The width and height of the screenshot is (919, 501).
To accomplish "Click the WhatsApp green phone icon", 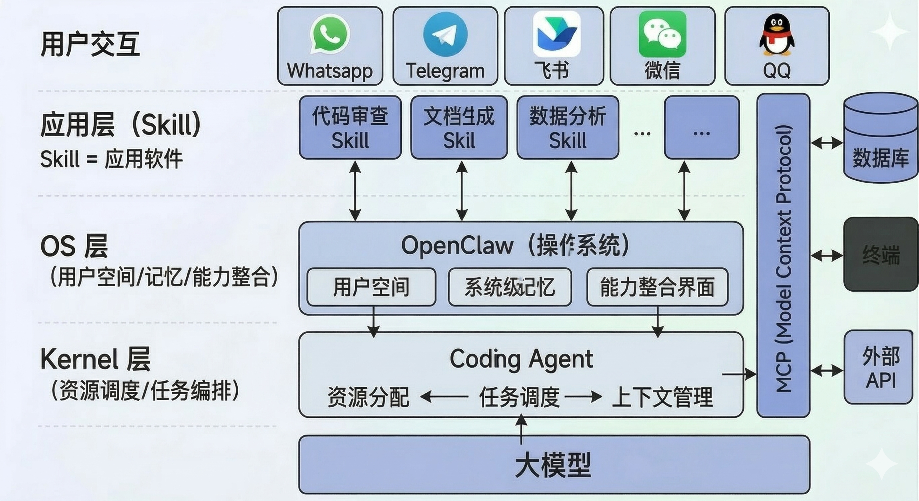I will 330,34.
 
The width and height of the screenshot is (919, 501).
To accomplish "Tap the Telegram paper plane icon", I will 445,34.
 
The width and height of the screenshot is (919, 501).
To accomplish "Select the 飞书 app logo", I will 556,34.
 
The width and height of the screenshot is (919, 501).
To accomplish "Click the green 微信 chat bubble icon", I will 662,34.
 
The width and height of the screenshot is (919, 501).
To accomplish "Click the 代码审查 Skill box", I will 350,127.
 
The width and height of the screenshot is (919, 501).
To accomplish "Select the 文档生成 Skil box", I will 459,127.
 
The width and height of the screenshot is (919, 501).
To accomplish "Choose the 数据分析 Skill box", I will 568,127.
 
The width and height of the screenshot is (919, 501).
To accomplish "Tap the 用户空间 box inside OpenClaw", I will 371,287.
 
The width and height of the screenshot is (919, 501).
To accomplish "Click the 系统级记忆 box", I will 509,287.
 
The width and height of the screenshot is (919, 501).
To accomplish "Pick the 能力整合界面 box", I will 657,287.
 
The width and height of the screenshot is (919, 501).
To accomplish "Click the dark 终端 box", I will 880,254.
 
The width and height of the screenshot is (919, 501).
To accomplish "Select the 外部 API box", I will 880,367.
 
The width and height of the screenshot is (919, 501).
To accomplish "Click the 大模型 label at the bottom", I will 553,465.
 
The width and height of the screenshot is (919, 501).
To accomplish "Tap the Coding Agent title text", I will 521,359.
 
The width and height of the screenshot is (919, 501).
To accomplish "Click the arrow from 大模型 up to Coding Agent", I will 521,429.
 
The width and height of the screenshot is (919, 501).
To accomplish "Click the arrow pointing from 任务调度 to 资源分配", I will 444,396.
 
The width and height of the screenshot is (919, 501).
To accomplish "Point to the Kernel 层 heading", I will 95,359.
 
